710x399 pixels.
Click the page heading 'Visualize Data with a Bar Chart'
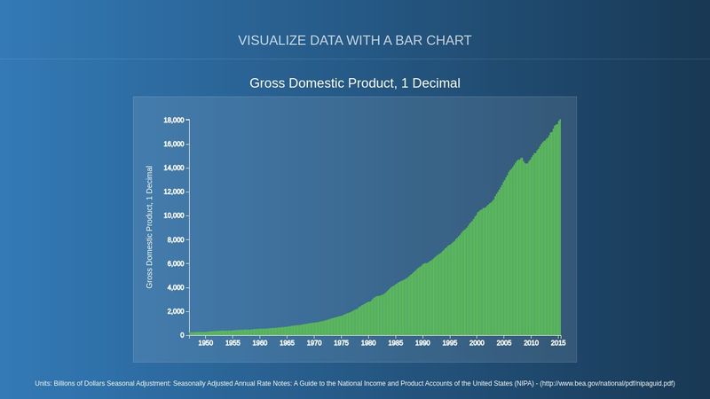point(355,41)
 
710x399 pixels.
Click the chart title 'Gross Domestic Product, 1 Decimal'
point(355,83)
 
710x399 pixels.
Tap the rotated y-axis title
point(150,226)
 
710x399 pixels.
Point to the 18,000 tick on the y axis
point(173,120)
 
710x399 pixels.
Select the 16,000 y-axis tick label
point(173,144)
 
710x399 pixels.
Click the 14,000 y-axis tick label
point(173,168)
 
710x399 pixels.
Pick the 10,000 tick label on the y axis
point(173,215)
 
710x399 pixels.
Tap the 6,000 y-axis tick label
point(175,263)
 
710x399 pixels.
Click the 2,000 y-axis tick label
point(175,311)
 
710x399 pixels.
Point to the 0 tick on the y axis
point(181,335)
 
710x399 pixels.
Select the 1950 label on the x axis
point(205,343)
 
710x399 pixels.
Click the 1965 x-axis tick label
point(287,343)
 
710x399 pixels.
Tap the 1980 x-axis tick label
point(368,343)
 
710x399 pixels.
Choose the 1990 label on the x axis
point(422,343)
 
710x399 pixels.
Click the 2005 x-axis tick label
point(504,343)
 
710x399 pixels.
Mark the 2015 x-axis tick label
point(558,343)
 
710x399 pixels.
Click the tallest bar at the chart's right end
point(560,231)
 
